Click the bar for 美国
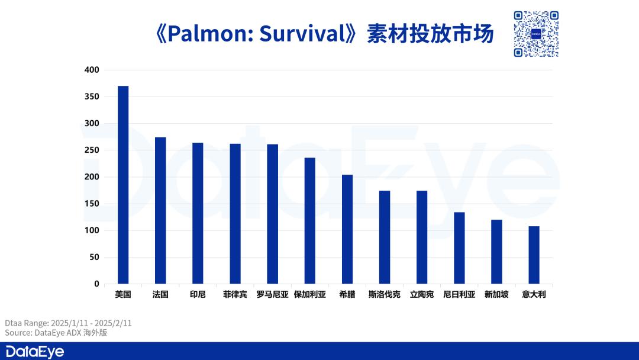coord(123,185)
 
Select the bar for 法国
coord(160,210)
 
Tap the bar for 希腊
coord(347,229)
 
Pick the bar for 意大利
coord(534,255)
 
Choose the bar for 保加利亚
coord(309,221)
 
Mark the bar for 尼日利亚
coord(459,248)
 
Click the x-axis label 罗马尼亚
coord(273,294)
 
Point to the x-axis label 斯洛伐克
coord(385,294)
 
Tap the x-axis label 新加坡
coord(496,294)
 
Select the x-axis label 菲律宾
coord(235,294)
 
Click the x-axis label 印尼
coord(198,294)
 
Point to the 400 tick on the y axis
coord(92,70)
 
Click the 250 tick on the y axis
coord(92,150)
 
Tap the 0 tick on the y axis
coord(96,284)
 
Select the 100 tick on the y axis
coord(92,230)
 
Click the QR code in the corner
coord(536,34)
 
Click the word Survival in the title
coord(302,33)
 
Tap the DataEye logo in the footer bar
coord(35,352)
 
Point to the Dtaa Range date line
coord(68,323)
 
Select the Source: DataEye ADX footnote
coord(56,333)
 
